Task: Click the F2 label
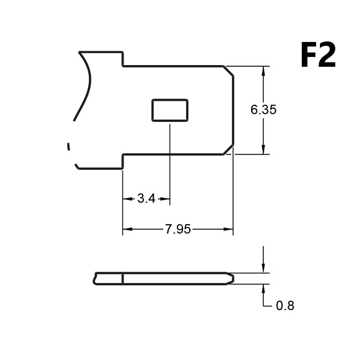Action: pyautogui.click(x=318, y=55)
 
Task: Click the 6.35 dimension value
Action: pyautogui.click(x=263, y=109)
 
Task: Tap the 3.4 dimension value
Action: pyautogui.click(x=146, y=199)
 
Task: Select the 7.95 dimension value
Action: pyautogui.click(x=178, y=229)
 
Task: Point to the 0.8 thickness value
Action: pyautogui.click(x=285, y=306)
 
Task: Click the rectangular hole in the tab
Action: pyautogui.click(x=170, y=110)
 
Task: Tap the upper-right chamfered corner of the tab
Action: pyautogui.click(x=229, y=71)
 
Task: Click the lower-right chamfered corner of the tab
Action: pyautogui.click(x=229, y=149)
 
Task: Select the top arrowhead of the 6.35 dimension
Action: pyautogui.click(x=263, y=71)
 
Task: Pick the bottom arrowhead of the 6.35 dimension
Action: pyautogui.click(x=263, y=149)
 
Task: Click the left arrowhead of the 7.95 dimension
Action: pyautogui.click(x=127, y=229)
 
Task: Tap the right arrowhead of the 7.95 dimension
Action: pyautogui.click(x=228, y=229)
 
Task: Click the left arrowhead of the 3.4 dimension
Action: pyautogui.click(x=128, y=199)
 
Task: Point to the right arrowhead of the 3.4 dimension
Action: pyautogui.click(x=165, y=199)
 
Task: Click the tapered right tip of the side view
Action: pyautogui.click(x=231, y=279)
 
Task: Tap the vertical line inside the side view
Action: pyautogui.click(x=122, y=279)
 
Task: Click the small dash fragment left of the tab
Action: pyautogui.click(x=68, y=146)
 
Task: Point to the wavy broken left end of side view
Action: pyautogui.click(x=95, y=279)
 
